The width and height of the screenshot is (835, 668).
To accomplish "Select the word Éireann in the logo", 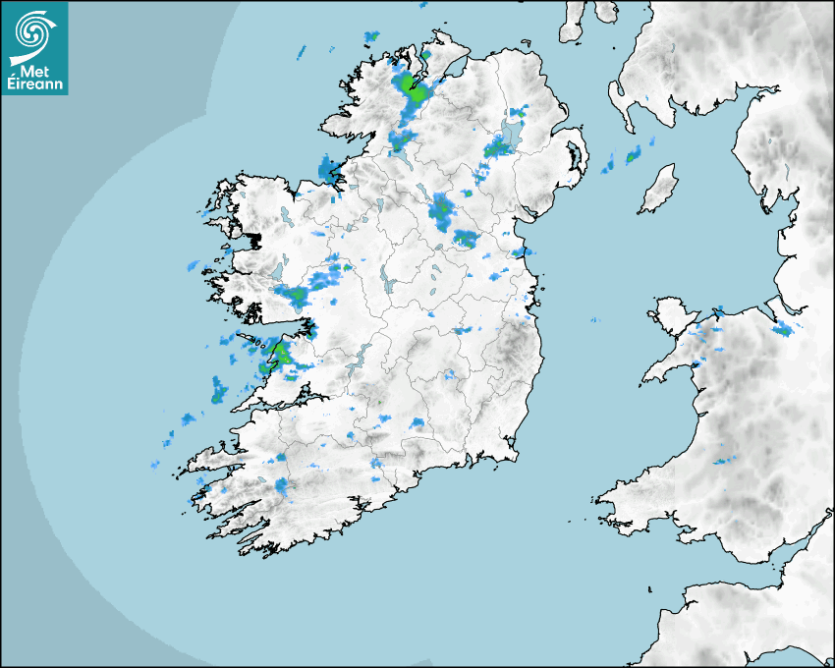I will click(x=37, y=83).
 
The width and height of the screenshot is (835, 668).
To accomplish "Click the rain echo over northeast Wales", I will click(x=782, y=329).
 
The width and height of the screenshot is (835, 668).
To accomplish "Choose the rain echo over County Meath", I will click(x=465, y=238).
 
